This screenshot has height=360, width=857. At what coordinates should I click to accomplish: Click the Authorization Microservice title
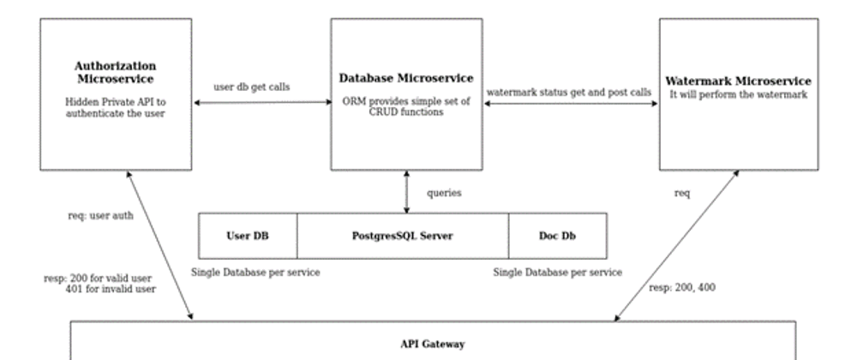point(115,71)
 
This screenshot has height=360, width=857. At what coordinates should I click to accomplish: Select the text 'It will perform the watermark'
point(738,95)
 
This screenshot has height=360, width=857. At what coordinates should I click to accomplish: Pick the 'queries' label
point(444,193)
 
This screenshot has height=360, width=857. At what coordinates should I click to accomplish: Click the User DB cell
point(248,236)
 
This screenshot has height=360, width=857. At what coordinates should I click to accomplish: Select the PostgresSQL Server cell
point(403,236)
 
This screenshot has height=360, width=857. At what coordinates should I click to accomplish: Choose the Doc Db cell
point(557,236)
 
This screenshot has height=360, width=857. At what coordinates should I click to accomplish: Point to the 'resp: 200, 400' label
point(682,288)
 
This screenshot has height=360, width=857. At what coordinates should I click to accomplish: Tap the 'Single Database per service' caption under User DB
point(255,272)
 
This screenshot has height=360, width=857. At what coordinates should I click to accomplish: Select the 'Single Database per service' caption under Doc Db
point(557,272)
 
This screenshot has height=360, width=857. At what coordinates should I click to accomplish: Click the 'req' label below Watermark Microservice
point(683,194)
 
